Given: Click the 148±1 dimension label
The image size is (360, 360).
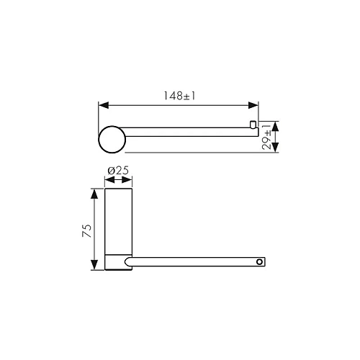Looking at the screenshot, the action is click(x=179, y=96).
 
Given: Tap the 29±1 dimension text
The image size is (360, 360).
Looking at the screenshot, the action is click(x=266, y=138).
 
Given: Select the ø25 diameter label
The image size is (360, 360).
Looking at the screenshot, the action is click(x=118, y=171).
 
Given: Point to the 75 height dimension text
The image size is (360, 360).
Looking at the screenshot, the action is click(x=87, y=230).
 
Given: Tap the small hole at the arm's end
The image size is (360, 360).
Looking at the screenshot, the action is click(x=259, y=261).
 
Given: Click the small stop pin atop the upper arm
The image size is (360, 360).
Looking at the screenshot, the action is click(x=253, y=125).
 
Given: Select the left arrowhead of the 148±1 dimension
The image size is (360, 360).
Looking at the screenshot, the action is click(x=104, y=105).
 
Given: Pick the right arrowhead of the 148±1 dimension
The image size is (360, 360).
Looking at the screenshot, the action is click(x=253, y=105).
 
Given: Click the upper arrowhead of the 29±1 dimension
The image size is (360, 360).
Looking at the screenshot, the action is click(x=276, y=126).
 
